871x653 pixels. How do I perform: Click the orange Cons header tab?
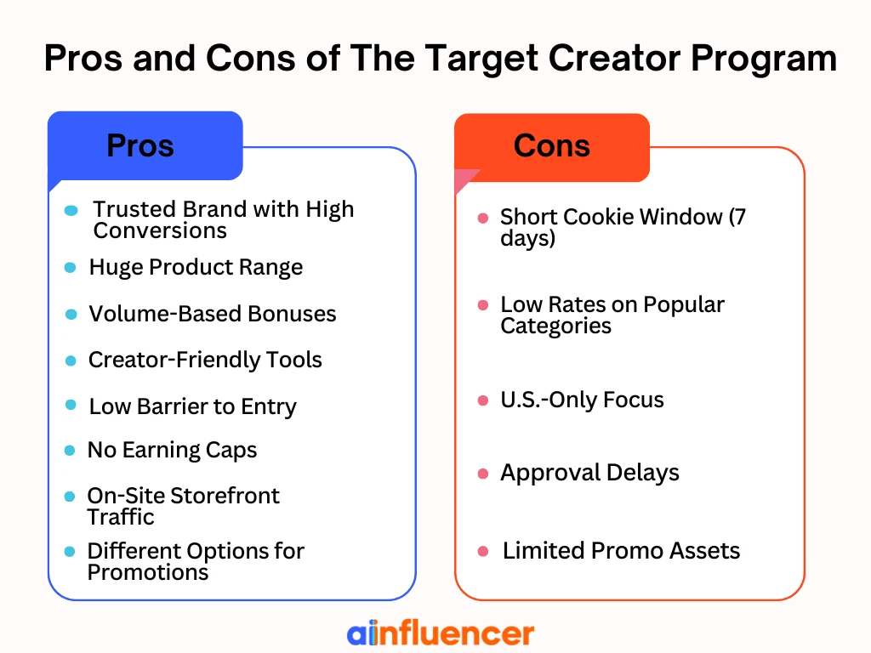click(x=552, y=145)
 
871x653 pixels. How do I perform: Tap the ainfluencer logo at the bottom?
click(x=440, y=633)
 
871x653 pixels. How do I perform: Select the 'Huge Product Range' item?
click(x=196, y=268)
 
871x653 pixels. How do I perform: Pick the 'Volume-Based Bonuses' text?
click(x=213, y=314)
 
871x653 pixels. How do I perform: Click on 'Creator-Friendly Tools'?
click(x=205, y=360)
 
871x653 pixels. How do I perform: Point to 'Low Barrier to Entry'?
click(x=192, y=406)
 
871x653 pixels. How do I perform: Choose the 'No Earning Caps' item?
click(x=172, y=450)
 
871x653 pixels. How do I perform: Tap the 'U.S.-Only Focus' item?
click(x=582, y=400)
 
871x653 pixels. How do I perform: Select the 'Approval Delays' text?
click(x=589, y=473)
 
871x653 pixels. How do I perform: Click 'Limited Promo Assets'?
click(x=621, y=551)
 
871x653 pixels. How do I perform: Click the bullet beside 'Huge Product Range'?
click(x=71, y=268)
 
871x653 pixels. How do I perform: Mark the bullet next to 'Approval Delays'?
click(x=483, y=474)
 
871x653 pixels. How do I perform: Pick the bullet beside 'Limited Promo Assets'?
click(x=483, y=552)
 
